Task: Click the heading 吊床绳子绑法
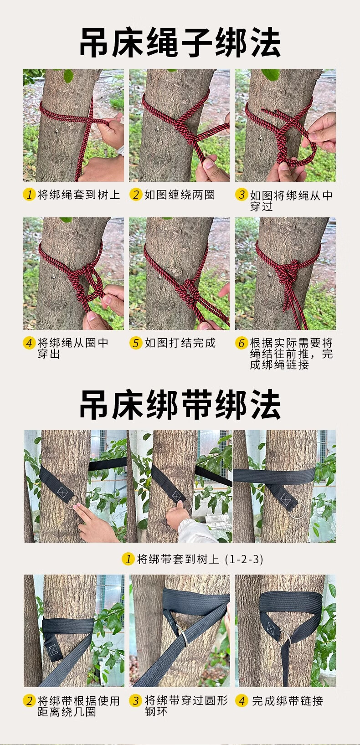click(180, 42)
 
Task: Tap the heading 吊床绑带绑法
click(180, 405)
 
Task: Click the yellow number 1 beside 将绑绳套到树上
click(29, 194)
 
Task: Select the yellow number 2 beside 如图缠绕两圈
click(136, 194)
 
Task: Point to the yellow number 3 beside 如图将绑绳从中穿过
click(242, 195)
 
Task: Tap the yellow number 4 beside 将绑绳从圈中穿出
click(29, 343)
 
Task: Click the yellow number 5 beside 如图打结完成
click(136, 343)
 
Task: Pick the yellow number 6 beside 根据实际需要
click(242, 343)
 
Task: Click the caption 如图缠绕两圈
click(180, 195)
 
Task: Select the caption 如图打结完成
click(180, 343)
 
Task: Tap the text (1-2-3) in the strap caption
click(244, 559)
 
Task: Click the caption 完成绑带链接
click(288, 701)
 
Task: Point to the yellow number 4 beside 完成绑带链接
click(242, 701)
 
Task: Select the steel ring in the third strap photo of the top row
click(297, 510)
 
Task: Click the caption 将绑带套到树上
click(178, 559)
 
